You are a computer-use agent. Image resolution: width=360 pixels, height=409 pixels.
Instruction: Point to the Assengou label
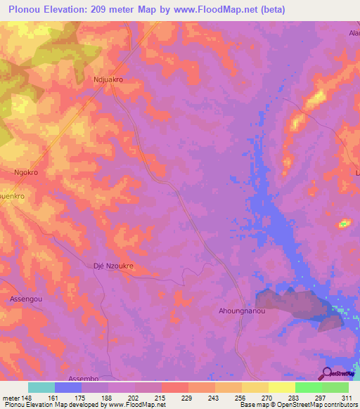coord(27,299)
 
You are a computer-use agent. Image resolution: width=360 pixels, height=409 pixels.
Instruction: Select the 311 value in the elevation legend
coord(347,397)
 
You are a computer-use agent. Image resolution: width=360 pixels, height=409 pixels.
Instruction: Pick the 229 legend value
coord(176,397)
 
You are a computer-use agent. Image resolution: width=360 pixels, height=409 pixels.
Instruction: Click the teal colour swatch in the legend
coord(41,387)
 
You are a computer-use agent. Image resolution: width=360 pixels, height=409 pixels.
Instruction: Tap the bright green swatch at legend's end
coord(335,387)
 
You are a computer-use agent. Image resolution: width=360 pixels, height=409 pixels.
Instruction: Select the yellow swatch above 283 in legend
coord(282,387)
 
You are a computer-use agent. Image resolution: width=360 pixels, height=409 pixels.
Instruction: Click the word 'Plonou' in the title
coord(24,8)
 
